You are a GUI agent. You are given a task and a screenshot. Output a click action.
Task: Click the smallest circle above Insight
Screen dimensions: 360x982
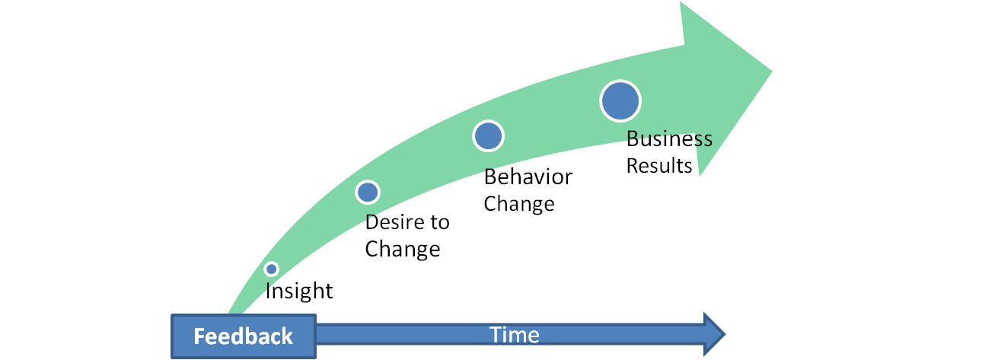pos(271,269)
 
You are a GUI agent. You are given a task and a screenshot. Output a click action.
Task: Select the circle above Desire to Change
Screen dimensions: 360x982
pos(368,192)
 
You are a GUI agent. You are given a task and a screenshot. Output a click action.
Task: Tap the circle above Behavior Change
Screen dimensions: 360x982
pos(488,135)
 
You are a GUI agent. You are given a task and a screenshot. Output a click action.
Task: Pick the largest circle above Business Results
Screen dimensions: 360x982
pos(620,100)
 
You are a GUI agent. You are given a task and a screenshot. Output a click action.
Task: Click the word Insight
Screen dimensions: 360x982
pos(299,291)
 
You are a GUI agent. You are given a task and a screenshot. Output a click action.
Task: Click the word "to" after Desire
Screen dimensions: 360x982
pos(438,222)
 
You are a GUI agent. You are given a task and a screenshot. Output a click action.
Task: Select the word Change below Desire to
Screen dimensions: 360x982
pos(403,249)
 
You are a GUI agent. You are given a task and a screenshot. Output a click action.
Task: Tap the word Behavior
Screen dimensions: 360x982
pos(528,177)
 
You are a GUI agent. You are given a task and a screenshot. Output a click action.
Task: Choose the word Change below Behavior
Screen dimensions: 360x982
pos(519,204)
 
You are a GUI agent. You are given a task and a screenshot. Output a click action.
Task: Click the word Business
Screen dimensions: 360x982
pos(669,139)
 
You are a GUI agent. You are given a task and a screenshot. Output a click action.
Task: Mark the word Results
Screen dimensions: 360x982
pos(659,165)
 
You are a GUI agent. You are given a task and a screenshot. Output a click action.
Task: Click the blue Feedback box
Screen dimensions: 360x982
pos(243,336)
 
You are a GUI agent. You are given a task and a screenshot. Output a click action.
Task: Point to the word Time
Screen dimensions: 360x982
pos(515,335)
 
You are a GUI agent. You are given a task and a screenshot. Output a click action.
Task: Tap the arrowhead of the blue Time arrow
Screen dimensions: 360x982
pos(714,334)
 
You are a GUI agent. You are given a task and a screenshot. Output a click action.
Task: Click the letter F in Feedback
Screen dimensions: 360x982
pos(199,336)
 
